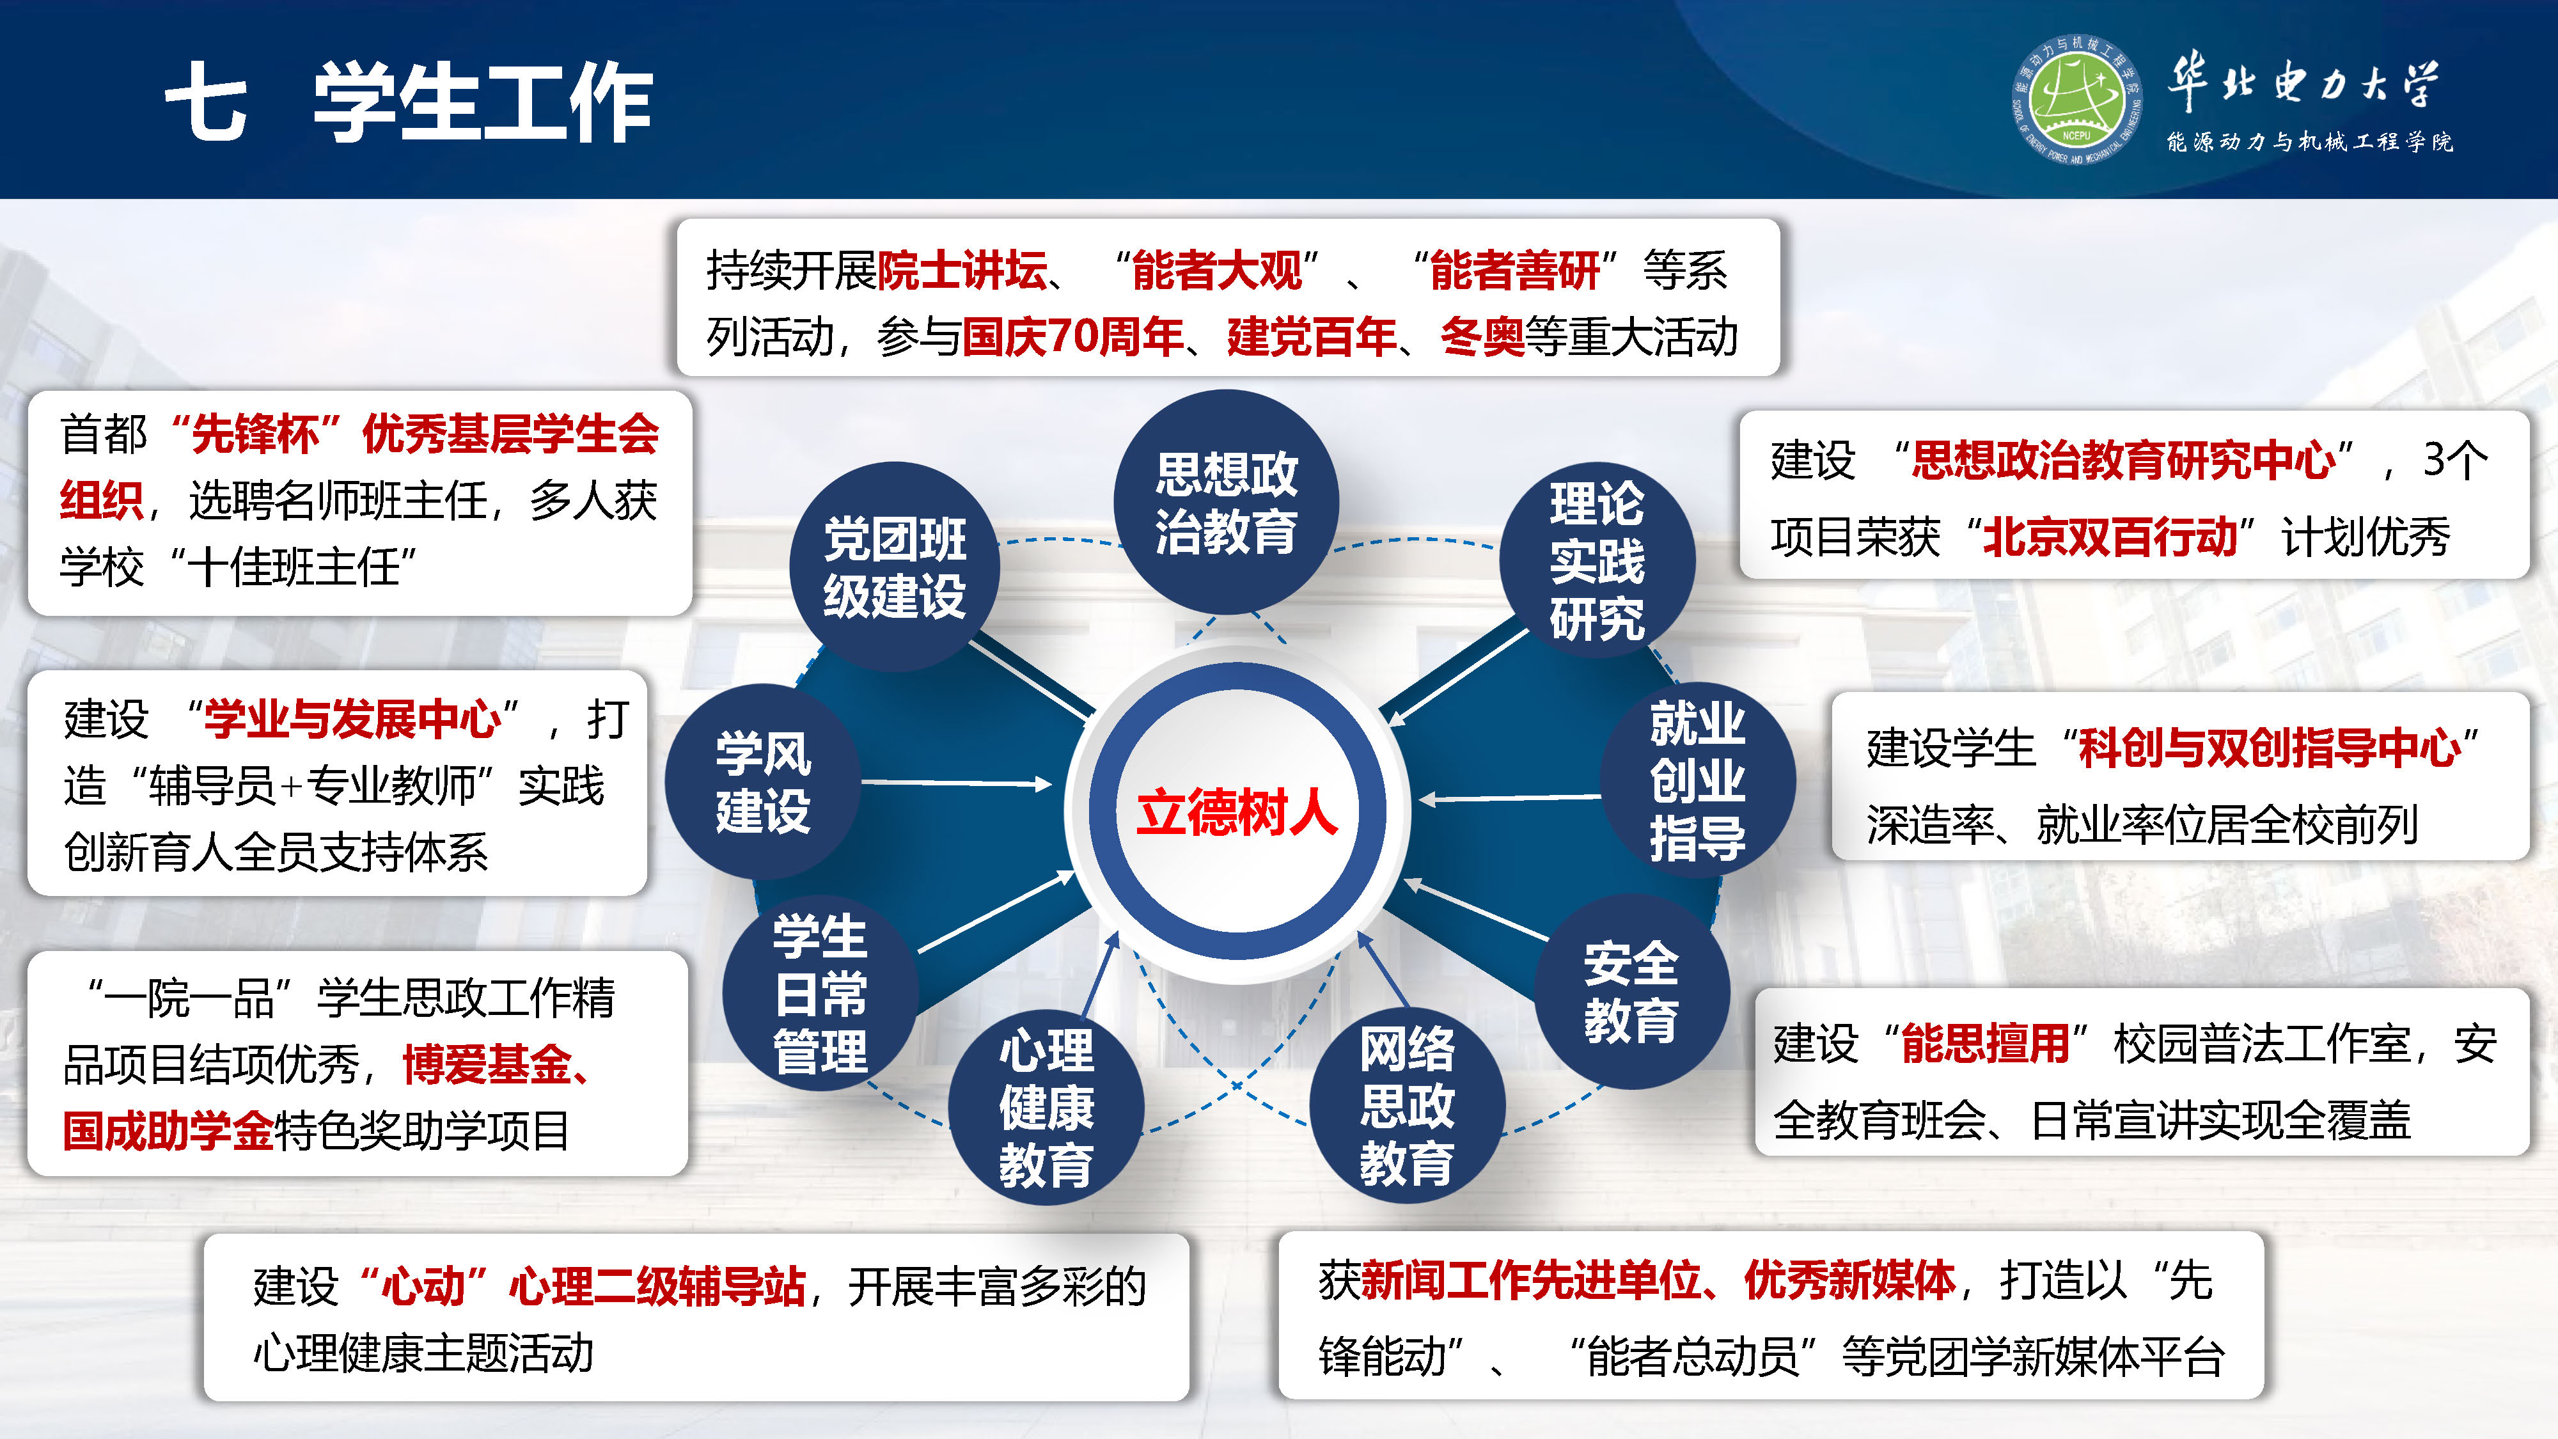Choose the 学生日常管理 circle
tap(820, 994)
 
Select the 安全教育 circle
tap(1631, 991)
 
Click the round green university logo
tap(2075, 99)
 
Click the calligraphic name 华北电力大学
tap(2303, 81)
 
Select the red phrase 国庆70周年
tap(1072, 336)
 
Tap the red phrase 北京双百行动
tap(2110, 537)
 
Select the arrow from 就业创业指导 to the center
tap(1509, 798)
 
